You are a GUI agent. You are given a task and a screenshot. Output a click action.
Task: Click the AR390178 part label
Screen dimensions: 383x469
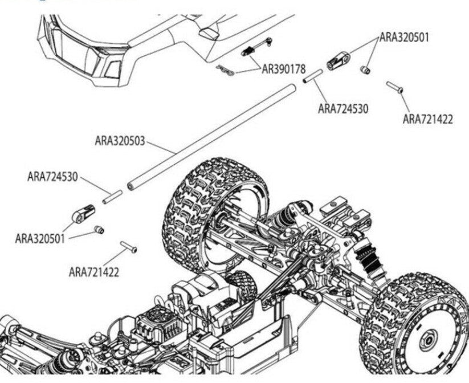[x=284, y=69]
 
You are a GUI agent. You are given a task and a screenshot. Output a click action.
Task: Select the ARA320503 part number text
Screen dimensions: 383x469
[x=120, y=140]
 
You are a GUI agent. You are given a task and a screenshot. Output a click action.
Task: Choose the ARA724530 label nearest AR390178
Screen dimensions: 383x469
[x=343, y=108]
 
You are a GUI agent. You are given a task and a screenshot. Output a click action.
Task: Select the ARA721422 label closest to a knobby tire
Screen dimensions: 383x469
[x=94, y=272]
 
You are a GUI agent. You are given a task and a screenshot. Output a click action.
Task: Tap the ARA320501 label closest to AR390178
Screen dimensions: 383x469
[x=404, y=38]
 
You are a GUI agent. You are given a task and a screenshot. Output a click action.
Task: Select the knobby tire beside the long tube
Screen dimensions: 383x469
[x=214, y=211]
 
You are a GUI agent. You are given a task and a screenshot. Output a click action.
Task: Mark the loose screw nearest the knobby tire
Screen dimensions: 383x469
[x=129, y=247]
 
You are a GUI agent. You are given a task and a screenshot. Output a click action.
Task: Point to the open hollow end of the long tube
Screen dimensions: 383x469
[x=131, y=185]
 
